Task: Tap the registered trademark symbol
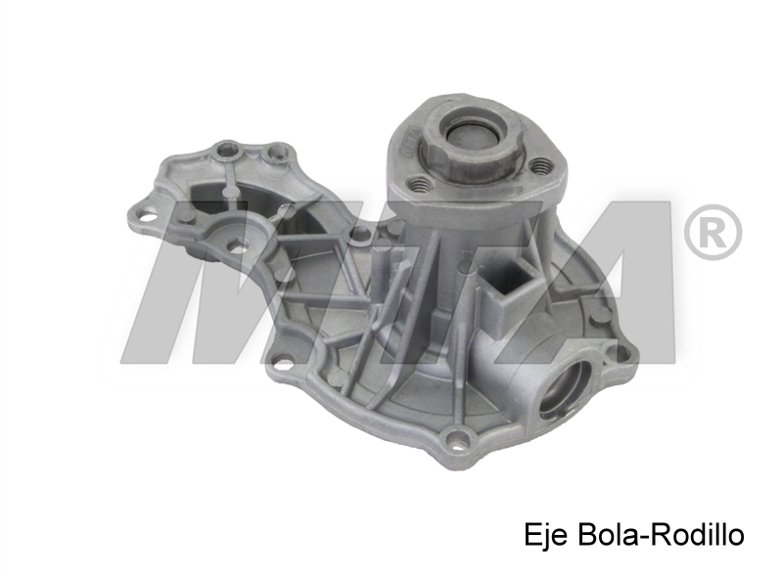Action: point(713,233)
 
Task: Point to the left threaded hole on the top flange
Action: point(420,185)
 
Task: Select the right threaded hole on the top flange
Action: point(540,165)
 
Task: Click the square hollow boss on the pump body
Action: point(508,289)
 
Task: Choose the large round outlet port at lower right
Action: point(565,389)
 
